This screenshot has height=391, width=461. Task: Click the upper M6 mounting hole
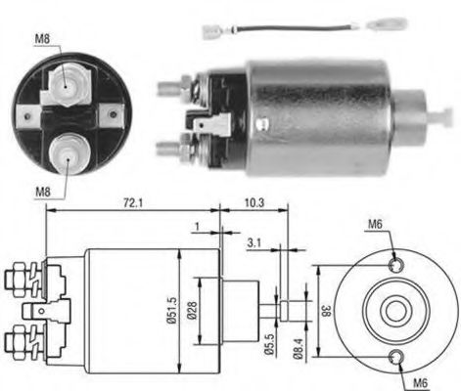(394, 265)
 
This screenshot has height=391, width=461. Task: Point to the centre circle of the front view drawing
(394, 310)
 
